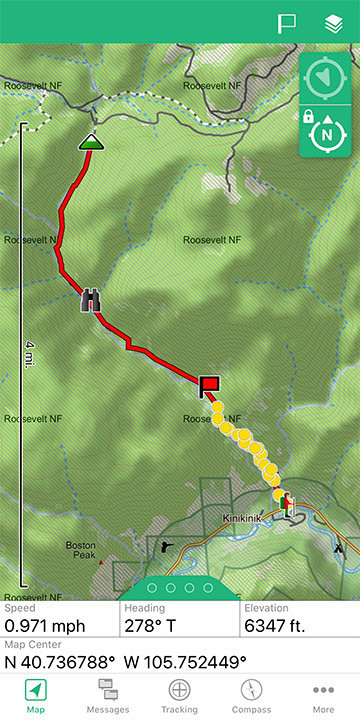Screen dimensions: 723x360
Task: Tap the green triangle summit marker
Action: pyautogui.click(x=91, y=142)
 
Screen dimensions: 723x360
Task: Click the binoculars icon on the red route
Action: pyautogui.click(x=91, y=299)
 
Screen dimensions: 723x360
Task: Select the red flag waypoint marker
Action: pyautogui.click(x=209, y=384)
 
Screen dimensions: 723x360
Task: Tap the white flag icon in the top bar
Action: pyautogui.click(x=287, y=23)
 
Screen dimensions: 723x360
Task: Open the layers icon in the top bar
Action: pyautogui.click(x=334, y=23)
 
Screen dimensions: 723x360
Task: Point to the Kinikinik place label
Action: pyautogui.click(x=244, y=520)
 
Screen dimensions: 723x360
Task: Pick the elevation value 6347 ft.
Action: pyautogui.click(x=281, y=627)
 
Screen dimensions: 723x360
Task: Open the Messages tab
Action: pyautogui.click(x=108, y=696)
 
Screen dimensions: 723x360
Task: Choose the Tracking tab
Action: pyautogui.click(x=180, y=696)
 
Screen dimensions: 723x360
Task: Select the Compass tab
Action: pyautogui.click(x=251, y=696)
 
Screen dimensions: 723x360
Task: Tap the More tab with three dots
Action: pyautogui.click(x=323, y=696)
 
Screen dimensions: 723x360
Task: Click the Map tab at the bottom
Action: pyautogui.click(x=36, y=696)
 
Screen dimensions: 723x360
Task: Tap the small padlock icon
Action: pyautogui.click(x=309, y=117)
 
